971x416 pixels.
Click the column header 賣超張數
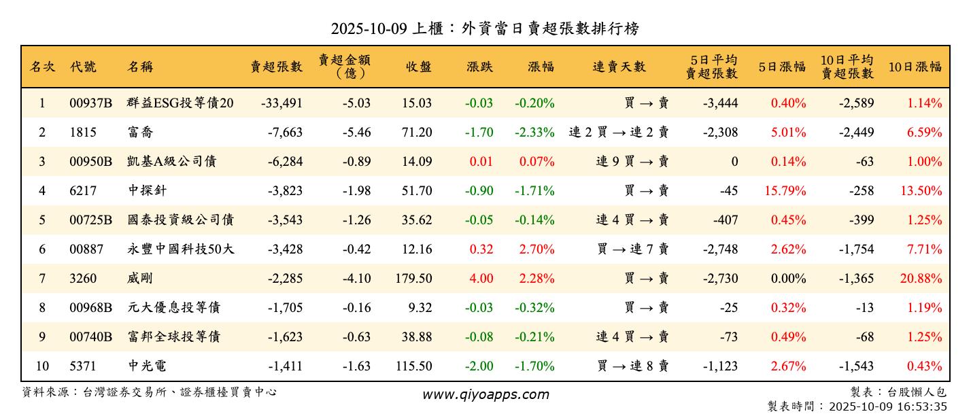click(276, 67)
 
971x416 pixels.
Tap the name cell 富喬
click(140, 133)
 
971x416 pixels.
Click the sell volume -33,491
click(281, 103)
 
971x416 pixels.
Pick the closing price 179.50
click(413, 279)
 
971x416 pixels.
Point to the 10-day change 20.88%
click(921, 279)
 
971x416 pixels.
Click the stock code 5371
click(83, 366)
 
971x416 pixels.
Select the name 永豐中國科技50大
click(180, 249)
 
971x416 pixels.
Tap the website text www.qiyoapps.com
click(485, 394)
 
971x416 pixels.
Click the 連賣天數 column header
click(619, 67)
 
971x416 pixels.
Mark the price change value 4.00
click(481, 279)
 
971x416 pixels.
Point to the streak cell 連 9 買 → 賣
click(632, 162)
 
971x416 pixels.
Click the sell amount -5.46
click(356, 133)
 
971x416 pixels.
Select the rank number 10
click(42, 366)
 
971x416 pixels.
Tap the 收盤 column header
click(419, 67)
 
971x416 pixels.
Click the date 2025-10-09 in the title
click(369, 29)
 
